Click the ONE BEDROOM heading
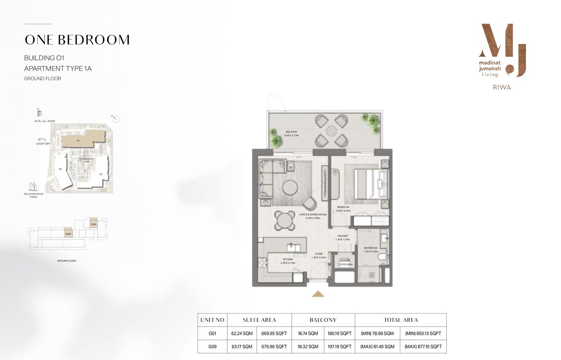pyautogui.click(x=77, y=40)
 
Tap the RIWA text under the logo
pyautogui.click(x=502, y=87)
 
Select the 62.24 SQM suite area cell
pyautogui.click(x=242, y=333)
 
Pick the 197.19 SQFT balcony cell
pyautogui.click(x=339, y=347)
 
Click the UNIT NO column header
pyautogui.click(x=212, y=320)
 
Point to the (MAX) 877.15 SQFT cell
pyautogui.click(x=423, y=347)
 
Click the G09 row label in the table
pyautogui.click(x=212, y=347)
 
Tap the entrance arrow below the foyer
pyautogui.click(x=318, y=294)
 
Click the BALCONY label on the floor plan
pyautogui.click(x=291, y=132)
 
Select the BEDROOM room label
pyautogui.click(x=343, y=207)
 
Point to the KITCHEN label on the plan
pyautogui.click(x=288, y=259)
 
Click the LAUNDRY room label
pyautogui.click(x=345, y=261)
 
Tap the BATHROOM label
pyautogui.click(x=370, y=248)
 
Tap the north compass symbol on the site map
pyautogui.click(x=116, y=119)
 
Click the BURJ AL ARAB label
pyautogui.click(x=44, y=121)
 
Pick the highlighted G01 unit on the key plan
pyautogui.click(x=94, y=224)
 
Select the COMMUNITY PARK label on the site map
pyautogui.click(x=86, y=160)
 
